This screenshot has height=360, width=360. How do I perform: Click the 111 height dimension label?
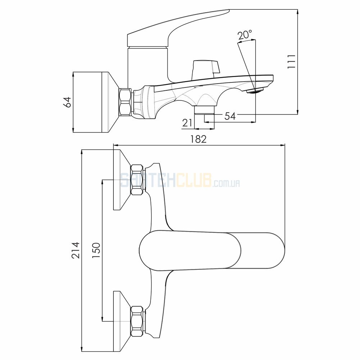pos(291,61)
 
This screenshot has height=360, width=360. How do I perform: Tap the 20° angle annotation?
pos(245,36)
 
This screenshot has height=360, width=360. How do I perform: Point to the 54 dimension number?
pos(230,116)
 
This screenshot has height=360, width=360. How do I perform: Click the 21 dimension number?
pos(187,123)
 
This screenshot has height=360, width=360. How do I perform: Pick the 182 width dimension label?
pos(199,139)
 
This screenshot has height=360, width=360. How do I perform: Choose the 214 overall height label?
pos(76,250)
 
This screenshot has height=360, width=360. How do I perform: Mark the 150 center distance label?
pos(96,250)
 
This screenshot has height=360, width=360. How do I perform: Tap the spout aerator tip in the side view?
pos(255,90)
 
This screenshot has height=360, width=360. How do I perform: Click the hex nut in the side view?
pos(125,102)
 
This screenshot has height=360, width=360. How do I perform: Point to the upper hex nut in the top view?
pos(138,180)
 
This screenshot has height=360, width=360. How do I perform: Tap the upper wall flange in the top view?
pos(122,180)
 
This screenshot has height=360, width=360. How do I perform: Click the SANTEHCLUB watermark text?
pos(166,180)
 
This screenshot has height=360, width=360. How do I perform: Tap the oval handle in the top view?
pos(212,249)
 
